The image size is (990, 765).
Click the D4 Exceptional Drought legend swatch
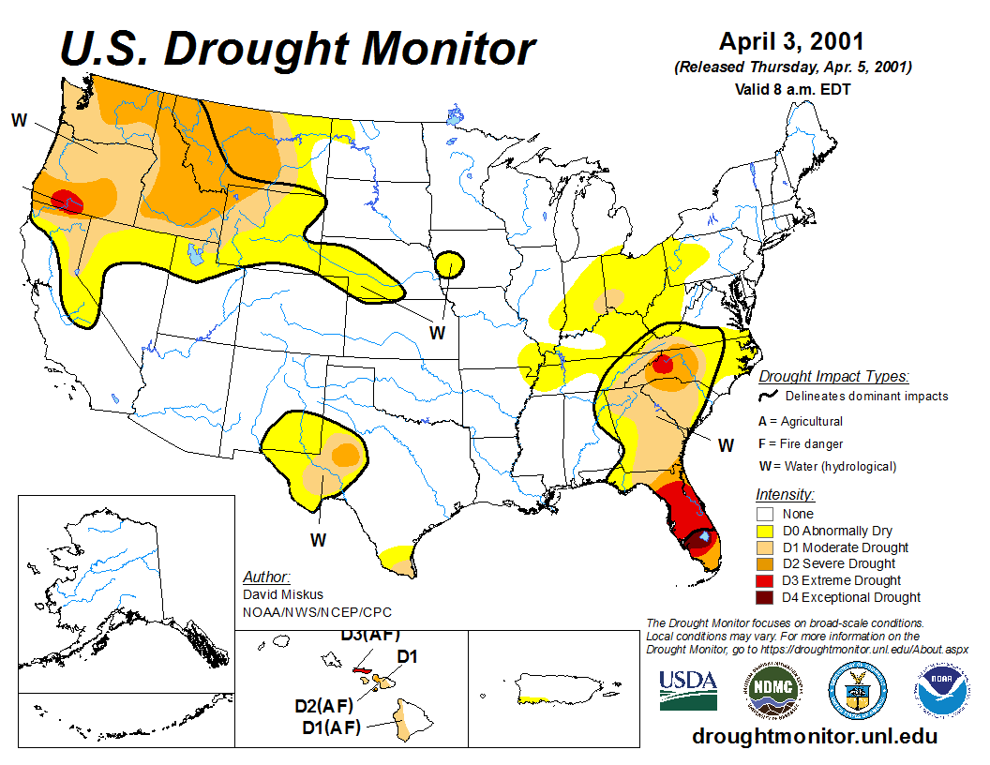(765, 597)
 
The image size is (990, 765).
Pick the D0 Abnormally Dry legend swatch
(765, 531)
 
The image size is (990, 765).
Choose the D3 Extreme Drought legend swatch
(765, 580)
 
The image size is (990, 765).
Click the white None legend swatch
(765, 514)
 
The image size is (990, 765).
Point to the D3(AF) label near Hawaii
(369, 634)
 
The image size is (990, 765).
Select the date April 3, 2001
(791, 42)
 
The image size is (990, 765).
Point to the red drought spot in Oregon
(65, 200)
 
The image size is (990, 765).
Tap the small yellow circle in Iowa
(451, 264)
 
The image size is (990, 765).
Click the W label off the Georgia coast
(726, 444)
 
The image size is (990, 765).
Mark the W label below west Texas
(319, 540)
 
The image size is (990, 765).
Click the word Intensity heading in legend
(785, 494)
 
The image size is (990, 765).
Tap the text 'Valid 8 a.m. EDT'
(791, 90)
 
